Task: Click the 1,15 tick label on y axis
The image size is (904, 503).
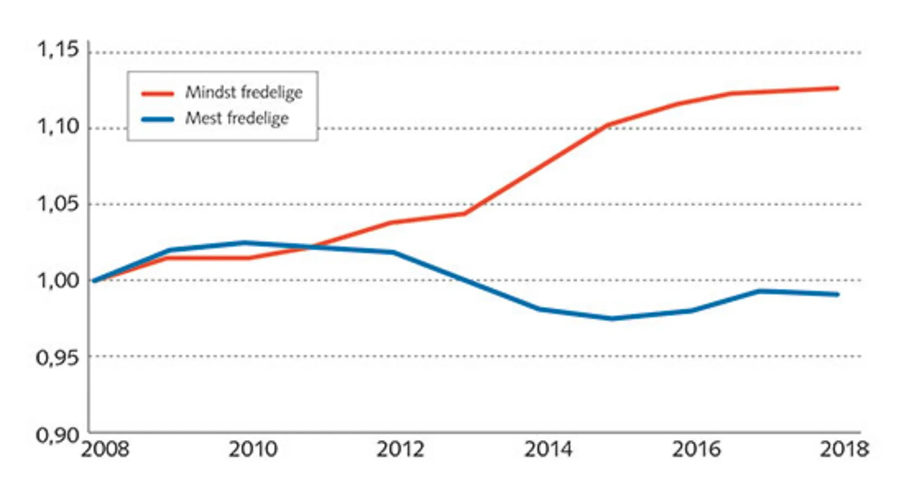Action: coord(58,50)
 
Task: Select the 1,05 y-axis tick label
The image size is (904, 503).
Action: coord(58,204)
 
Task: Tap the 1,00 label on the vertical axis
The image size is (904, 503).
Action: coord(58,281)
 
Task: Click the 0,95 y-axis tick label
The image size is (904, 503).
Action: coord(57,358)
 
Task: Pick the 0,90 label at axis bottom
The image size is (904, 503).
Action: coord(57,436)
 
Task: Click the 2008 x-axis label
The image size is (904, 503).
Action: coord(105,450)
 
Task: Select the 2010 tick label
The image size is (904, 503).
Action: coord(253,450)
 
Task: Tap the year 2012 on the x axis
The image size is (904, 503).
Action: coord(400,450)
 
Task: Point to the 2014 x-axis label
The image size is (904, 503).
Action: coord(548,450)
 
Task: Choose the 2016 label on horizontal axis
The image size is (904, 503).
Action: coord(696,450)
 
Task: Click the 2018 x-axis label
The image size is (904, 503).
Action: coord(844,450)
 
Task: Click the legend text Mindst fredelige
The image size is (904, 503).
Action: coord(244,93)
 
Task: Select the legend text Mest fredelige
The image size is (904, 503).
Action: coord(237,119)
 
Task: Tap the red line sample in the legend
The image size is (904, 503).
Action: coord(158,94)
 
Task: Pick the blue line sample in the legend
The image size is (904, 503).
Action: coord(158,120)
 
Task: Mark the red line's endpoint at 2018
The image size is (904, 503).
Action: coord(837,88)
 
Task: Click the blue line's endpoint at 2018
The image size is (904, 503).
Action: coord(837,295)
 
